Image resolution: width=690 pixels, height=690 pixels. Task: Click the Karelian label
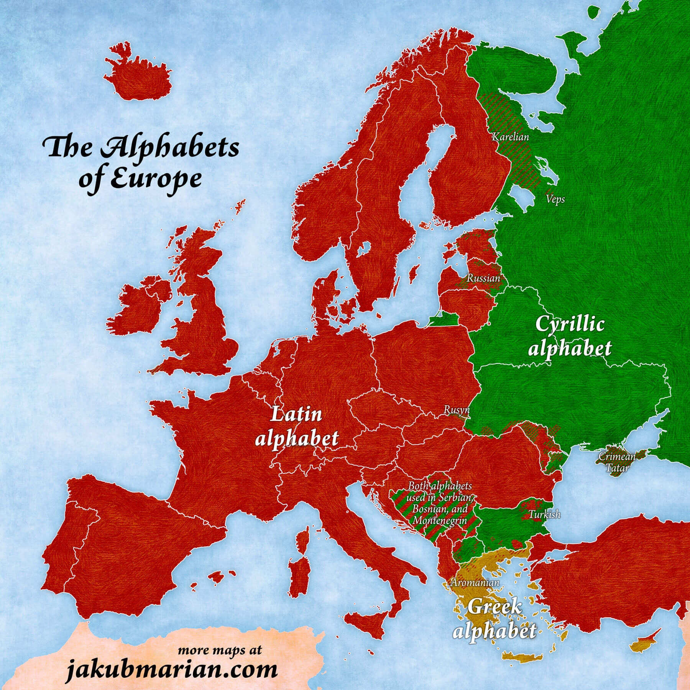510,137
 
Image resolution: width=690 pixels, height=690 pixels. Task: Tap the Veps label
555,199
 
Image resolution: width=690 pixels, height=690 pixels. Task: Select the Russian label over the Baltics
483,278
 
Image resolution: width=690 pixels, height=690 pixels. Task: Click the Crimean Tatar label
617,462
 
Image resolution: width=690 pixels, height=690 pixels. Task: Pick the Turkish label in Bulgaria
544,514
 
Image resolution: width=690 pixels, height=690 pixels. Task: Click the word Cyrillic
570,324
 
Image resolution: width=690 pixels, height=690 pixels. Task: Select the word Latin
296,415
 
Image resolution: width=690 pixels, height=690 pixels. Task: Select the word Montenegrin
440,521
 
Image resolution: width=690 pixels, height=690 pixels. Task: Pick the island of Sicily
368,622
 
